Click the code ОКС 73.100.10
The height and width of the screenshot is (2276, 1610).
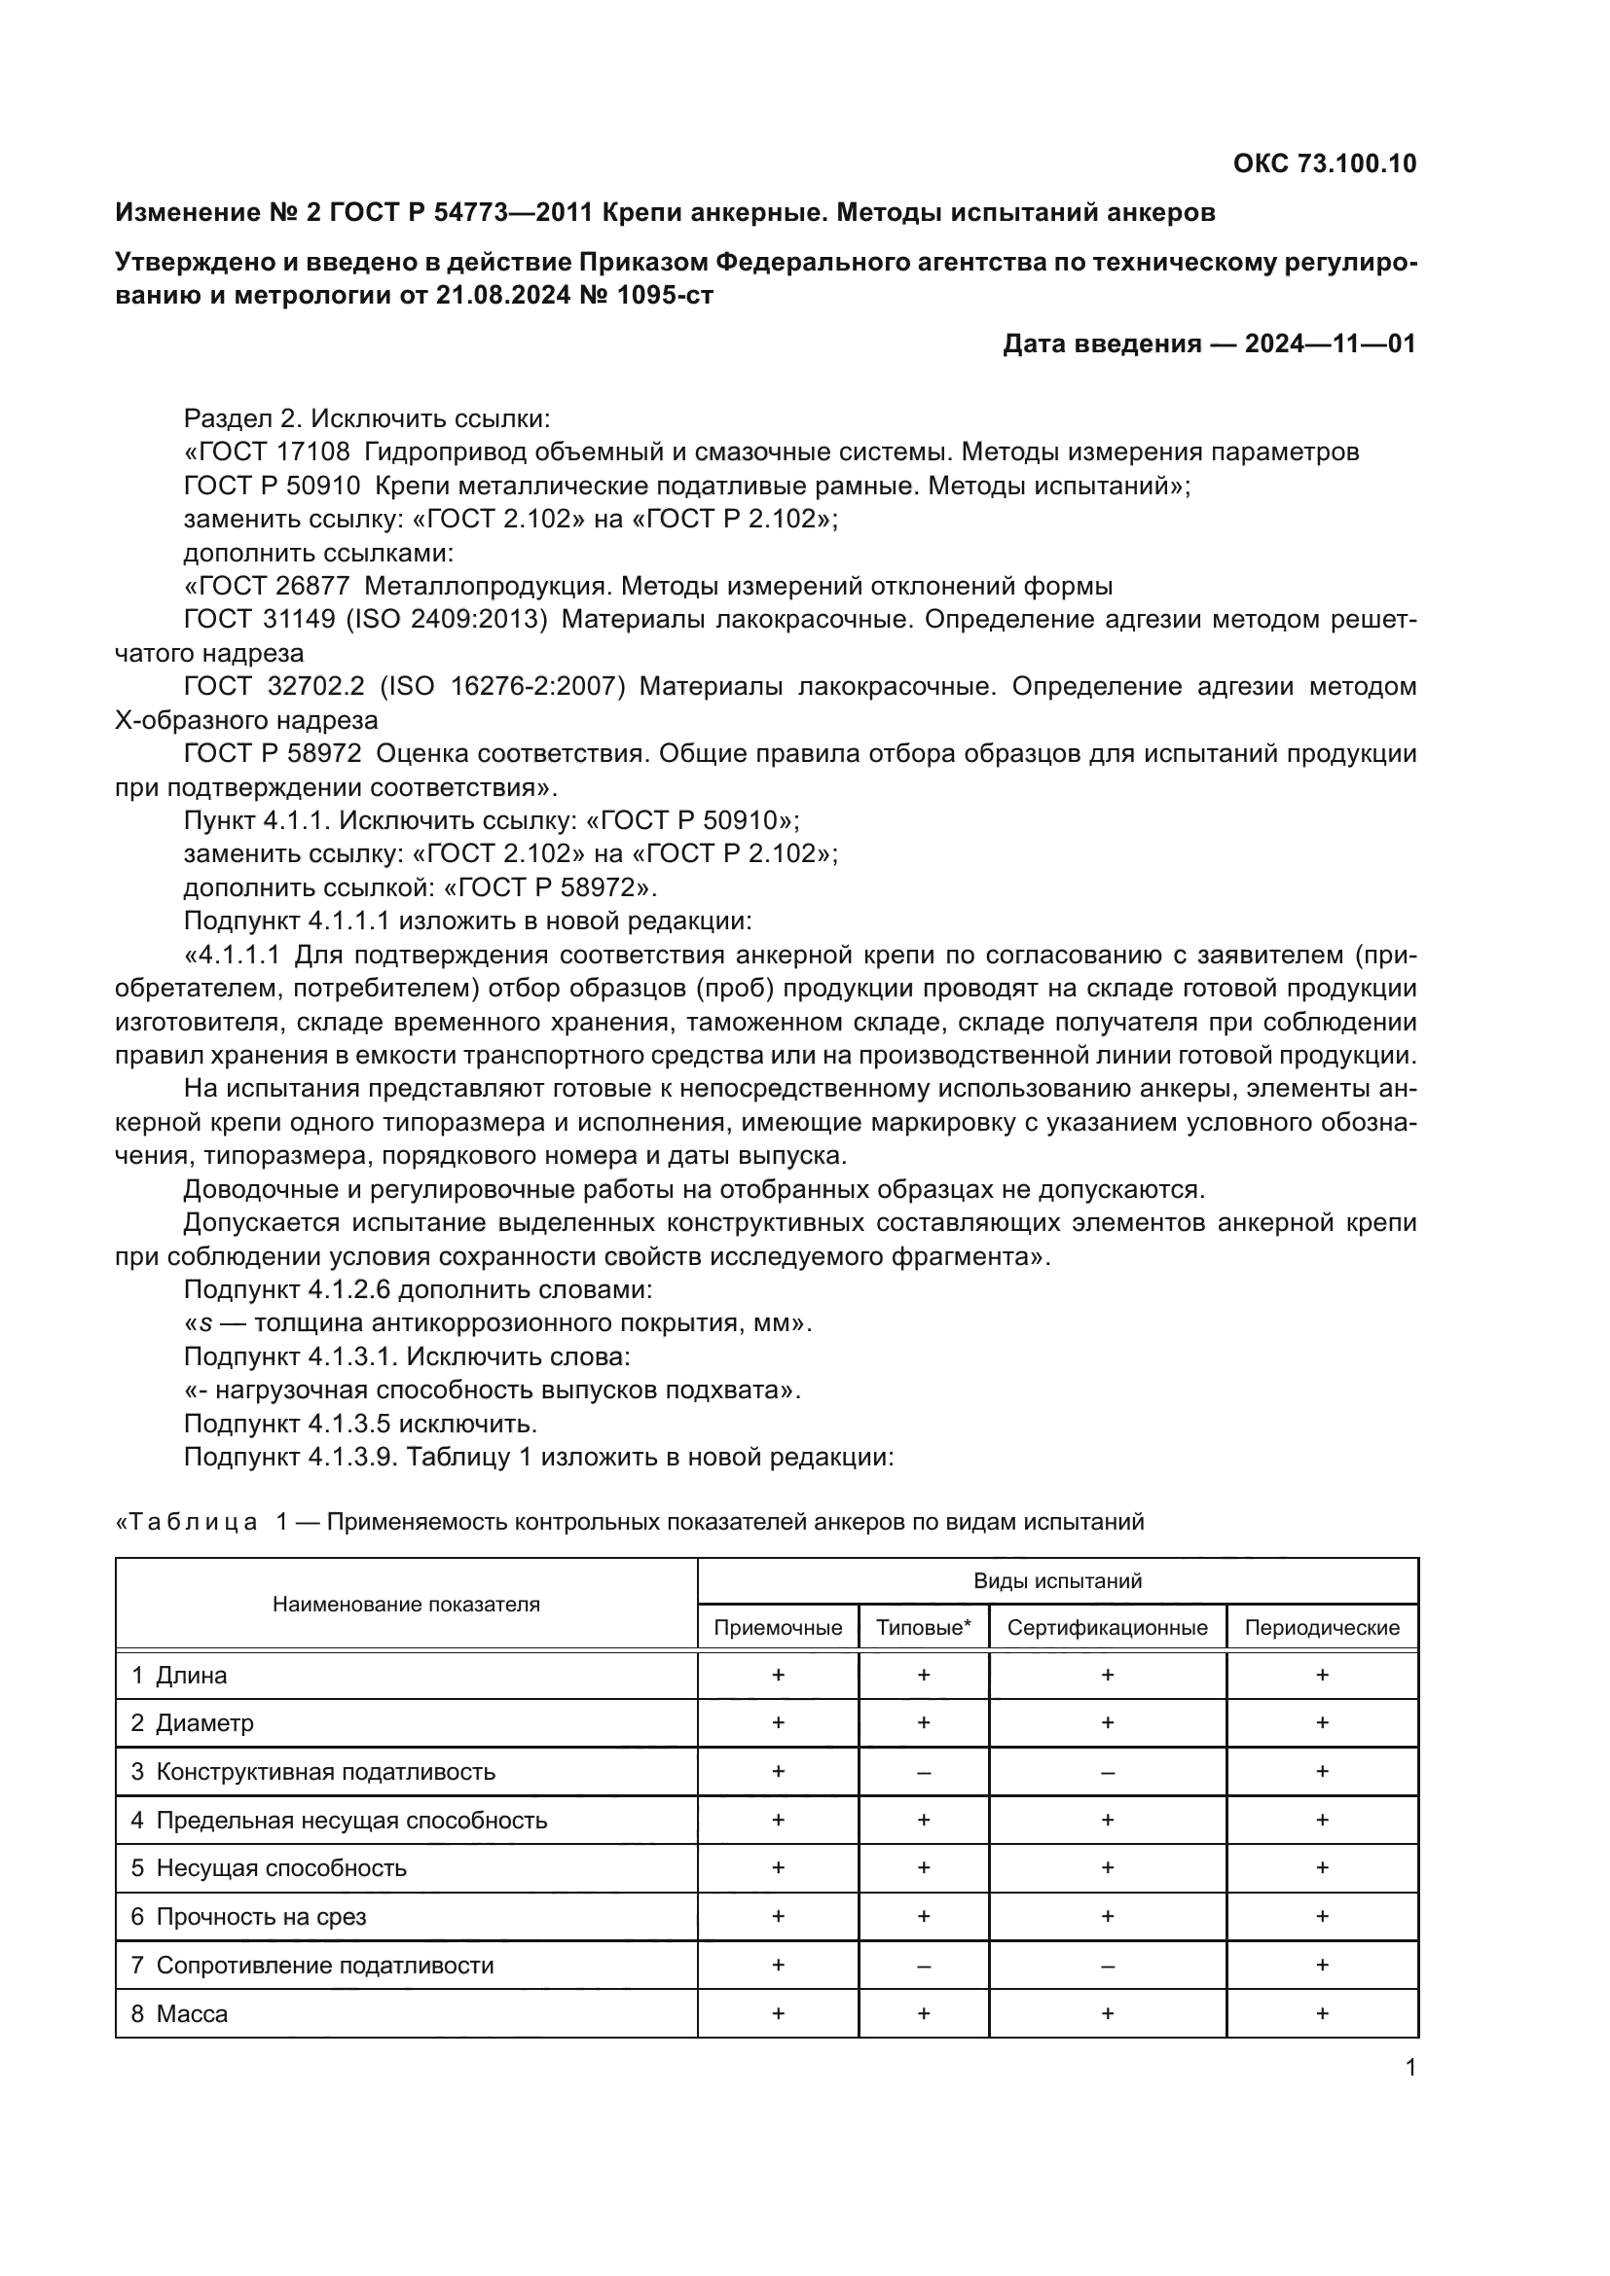[x=1325, y=163]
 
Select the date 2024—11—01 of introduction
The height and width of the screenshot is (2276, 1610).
[x=1331, y=343]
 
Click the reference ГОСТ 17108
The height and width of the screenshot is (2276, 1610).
[x=268, y=452]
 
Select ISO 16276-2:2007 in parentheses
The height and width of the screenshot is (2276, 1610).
[x=502, y=686]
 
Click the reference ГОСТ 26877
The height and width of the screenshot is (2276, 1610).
[x=268, y=586]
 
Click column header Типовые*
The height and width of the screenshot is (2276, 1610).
[x=923, y=1627]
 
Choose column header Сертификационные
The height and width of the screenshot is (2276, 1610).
[x=1108, y=1627]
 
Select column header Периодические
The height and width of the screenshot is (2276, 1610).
[x=1322, y=1627]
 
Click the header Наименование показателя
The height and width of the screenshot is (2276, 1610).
[x=407, y=1604]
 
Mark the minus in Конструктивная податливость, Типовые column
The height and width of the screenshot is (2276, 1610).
[x=923, y=1771]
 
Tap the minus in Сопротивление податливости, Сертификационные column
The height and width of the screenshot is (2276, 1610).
[x=1108, y=1965]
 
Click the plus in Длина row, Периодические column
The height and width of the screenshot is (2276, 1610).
[x=1322, y=1676]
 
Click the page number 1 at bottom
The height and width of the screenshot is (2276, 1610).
[x=1409, y=2068]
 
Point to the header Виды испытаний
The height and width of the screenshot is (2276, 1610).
[x=1057, y=1580]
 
